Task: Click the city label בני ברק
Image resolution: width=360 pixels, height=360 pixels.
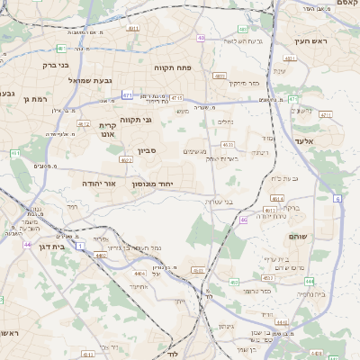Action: (56, 65)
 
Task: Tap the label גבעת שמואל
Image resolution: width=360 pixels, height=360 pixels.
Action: (90, 80)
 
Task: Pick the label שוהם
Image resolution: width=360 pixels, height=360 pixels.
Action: (300, 235)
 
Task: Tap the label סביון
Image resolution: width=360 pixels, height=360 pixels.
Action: (147, 151)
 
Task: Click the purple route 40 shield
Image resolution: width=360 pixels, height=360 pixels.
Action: (201, 38)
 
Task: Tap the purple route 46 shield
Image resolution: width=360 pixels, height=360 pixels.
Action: (244, 220)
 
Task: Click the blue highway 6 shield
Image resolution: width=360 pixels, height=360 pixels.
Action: (337, 198)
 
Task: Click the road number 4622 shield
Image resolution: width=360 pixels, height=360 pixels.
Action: (126, 159)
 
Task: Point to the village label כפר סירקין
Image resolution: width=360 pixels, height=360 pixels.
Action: (243, 83)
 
